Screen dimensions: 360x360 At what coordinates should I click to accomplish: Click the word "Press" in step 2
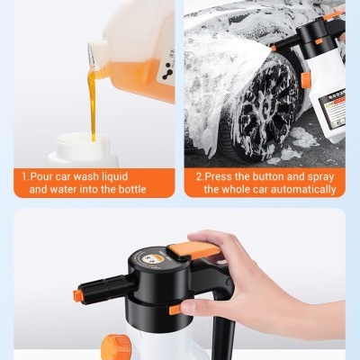(221, 175)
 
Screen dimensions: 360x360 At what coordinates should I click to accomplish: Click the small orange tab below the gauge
(175, 309)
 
